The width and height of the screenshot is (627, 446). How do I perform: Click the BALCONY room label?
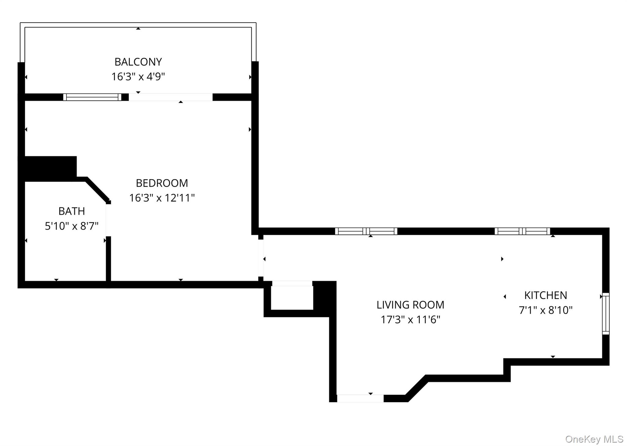point(138,62)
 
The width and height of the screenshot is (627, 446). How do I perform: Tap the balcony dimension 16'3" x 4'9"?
point(138,77)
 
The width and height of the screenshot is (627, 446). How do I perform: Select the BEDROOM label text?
point(162,183)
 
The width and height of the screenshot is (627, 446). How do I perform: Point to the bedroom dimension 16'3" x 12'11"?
point(162,198)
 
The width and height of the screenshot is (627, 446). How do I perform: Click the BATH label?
point(72,211)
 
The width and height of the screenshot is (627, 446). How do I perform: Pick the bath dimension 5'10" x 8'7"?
point(72,226)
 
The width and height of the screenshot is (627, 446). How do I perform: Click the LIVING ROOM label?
point(410,305)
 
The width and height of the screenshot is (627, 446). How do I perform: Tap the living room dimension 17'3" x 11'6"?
point(410,320)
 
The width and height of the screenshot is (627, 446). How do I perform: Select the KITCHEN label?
point(546,295)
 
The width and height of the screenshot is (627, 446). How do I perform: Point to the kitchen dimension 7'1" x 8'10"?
point(546,310)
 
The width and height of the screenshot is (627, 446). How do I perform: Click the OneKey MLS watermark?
point(594,439)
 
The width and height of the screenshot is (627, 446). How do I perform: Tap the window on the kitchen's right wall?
point(606,314)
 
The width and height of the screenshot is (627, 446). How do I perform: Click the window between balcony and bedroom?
point(92,97)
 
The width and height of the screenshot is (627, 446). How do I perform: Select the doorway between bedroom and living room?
point(261,258)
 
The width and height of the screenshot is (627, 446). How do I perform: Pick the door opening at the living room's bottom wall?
point(360,398)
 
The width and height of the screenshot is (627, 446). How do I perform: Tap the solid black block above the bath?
point(49,168)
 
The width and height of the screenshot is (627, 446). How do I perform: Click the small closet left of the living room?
point(292,298)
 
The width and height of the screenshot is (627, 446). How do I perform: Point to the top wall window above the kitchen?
point(522,231)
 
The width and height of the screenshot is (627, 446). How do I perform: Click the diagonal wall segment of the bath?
point(97,190)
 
